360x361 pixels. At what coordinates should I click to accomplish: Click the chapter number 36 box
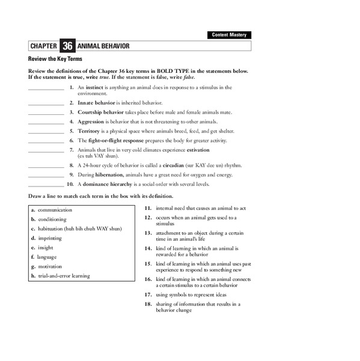click(x=67, y=46)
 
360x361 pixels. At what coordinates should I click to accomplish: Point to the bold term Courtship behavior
click(x=100, y=112)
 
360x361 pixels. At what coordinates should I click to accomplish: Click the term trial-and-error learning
click(x=64, y=276)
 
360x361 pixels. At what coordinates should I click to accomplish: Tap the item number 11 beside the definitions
click(x=147, y=208)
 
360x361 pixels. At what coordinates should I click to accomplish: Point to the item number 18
click(x=147, y=304)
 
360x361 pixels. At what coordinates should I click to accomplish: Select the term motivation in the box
click(x=50, y=267)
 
